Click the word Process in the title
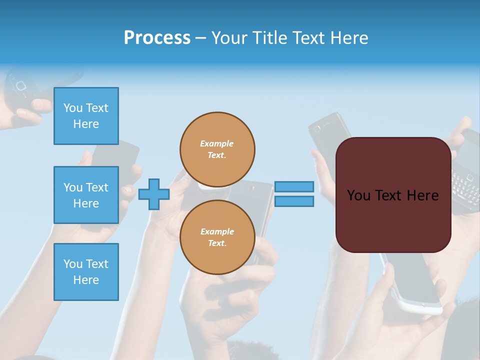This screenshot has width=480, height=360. [157, 37]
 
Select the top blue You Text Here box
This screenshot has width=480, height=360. [86, 116]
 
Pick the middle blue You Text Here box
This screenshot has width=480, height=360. [86, 195]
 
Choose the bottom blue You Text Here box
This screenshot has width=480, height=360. [86, 272]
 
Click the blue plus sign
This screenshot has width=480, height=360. [154, 194]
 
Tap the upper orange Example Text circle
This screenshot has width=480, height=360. [217, 149]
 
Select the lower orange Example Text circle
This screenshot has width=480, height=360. [217, 237]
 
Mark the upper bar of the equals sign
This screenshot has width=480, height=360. [294, 187]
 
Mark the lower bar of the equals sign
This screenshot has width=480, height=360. [294, 201]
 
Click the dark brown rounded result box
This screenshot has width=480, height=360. [393, 195]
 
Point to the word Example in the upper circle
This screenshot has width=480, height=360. [217, 143]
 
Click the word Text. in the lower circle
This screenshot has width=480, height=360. [217, 243]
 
